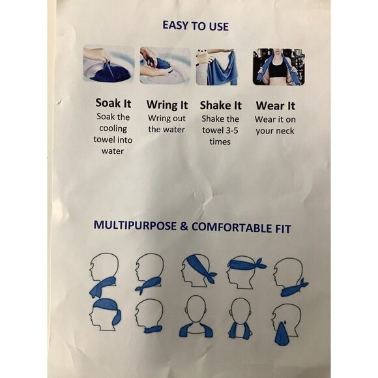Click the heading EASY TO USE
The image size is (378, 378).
(196, 26)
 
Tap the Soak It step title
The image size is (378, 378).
(113, 103)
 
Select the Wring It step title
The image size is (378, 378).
(167, 105)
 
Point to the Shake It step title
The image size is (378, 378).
(220, 106)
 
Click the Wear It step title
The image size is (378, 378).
(275, 106)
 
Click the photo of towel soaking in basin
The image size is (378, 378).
(109, 64)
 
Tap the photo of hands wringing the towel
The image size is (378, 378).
(165, 65)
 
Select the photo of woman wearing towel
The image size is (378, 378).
(278, 66)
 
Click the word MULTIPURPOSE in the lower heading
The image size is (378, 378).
(135, 225)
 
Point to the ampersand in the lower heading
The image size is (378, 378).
(184, 226)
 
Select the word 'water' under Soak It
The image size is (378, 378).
(113, 151)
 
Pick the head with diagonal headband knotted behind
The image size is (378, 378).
(198, 270)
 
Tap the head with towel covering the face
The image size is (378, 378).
(286, 323)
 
